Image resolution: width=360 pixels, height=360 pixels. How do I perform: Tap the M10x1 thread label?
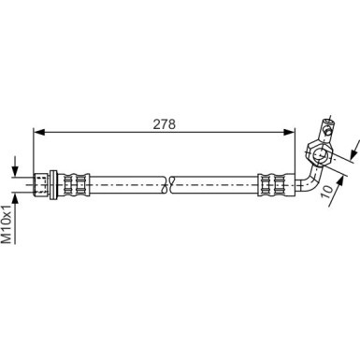[7, 223]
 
